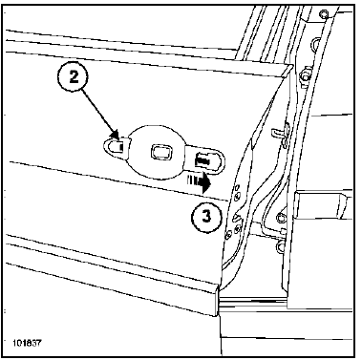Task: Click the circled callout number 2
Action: (x=74, y=77)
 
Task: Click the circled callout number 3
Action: (x=206, y=218)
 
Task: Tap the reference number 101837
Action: (x=27, y=344)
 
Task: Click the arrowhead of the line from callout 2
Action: (x=116, y=134)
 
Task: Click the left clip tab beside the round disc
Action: (x=115, y=147)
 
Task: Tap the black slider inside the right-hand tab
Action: (x=202, y=159)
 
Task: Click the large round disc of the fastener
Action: (x=156, y=152)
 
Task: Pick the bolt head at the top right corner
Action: (x=324, y=14)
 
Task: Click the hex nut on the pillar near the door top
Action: (x=305, y=76)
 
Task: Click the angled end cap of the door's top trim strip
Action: (x=287, y=71)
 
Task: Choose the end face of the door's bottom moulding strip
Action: (x=218, y=300)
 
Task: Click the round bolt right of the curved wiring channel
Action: (x=280, y=218)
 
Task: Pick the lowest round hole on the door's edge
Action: (x=228, y=236)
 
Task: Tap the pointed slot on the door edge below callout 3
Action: (x=236, y=217)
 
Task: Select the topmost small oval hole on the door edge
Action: (x=236, y=187)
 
